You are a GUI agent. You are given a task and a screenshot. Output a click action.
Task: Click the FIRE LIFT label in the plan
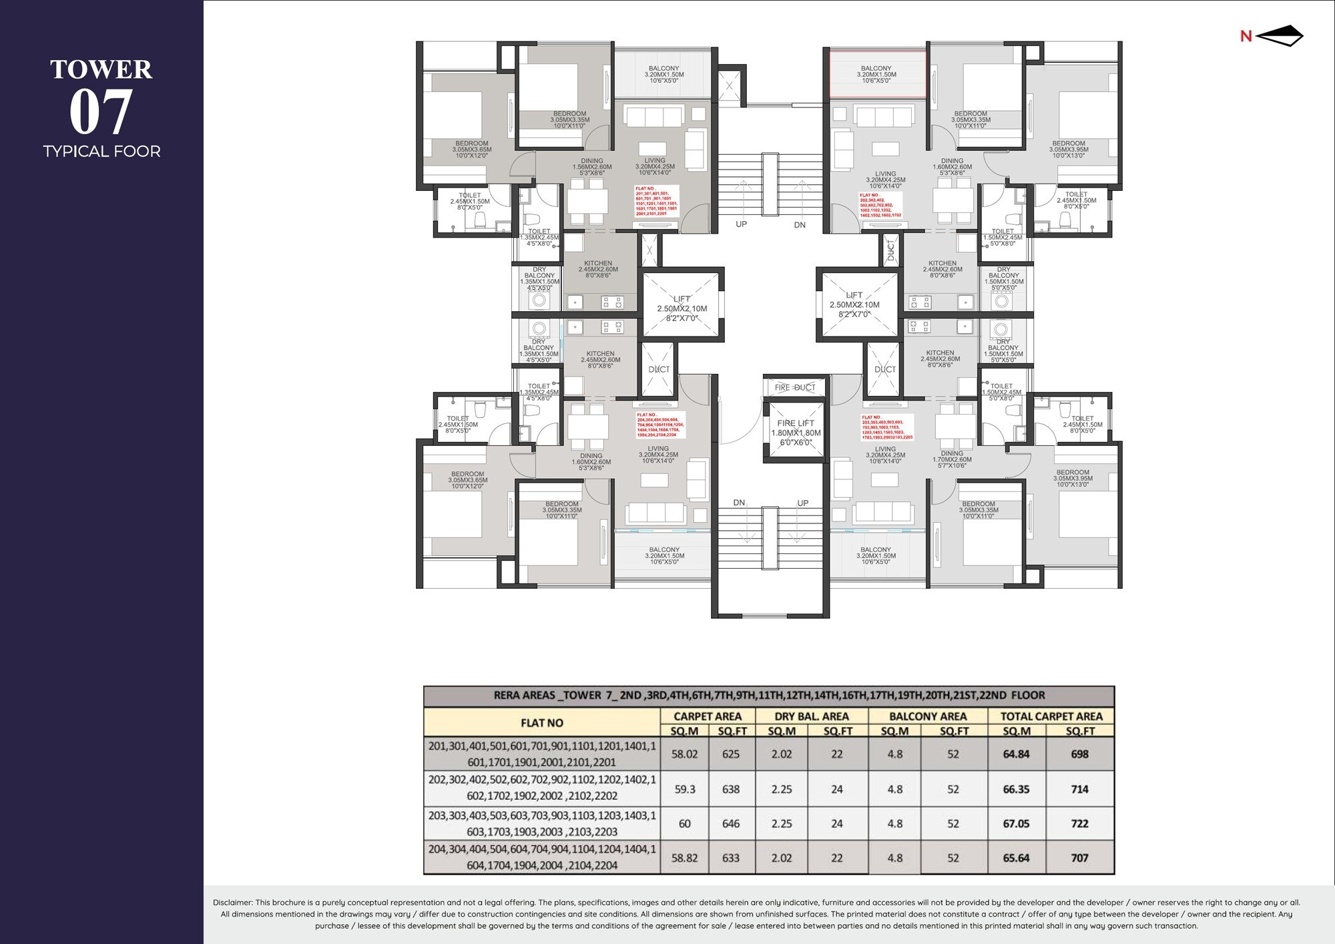coord(796,423)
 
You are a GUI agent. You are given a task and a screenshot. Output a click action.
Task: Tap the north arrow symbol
coord(1278,36)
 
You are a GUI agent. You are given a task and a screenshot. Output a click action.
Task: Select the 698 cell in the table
coord(1079,754)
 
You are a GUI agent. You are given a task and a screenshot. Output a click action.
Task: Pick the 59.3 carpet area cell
coord(685,789)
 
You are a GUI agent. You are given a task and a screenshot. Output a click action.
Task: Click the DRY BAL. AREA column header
coord(811,716)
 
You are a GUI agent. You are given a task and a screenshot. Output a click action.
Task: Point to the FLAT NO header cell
coord(542,723)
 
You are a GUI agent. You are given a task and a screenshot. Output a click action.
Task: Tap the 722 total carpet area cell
coord(1079,824)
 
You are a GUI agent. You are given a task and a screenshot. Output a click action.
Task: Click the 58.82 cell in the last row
coord(685,859)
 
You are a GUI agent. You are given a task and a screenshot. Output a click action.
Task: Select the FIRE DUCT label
coord(795,387)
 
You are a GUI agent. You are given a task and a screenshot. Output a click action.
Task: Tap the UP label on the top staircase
coord(741,224)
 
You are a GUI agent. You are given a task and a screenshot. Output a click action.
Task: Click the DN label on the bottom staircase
coord(739,503)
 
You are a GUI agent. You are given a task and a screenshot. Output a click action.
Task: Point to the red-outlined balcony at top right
coord(876,75)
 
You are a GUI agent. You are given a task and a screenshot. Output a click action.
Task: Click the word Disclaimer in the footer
coord(232,903)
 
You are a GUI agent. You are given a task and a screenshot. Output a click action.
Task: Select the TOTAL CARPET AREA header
coord(1051,716)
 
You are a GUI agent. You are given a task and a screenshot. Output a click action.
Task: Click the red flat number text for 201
coord(656,201)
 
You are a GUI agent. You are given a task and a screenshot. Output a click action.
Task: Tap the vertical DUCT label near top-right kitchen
coord(890,250)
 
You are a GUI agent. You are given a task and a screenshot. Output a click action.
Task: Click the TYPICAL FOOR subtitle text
coord(101,152)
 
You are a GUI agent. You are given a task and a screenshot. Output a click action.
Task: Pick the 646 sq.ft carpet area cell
coord(731,824)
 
